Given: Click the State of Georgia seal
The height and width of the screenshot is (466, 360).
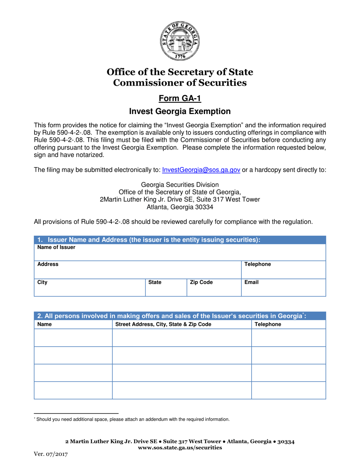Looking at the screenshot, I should click(180, 41).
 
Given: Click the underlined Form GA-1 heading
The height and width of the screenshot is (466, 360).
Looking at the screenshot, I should click(180, 99).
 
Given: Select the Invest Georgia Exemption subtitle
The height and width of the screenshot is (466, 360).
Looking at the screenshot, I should click(180, 111).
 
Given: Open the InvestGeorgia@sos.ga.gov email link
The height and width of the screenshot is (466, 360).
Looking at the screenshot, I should click(201, 170).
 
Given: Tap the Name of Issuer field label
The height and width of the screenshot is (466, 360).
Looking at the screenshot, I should click(51, 247).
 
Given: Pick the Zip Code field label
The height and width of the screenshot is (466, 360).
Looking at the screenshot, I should click(201, 282).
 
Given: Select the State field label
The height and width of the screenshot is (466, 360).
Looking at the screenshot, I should click(155, 282).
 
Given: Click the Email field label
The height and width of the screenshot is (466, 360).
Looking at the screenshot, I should click(252, 282).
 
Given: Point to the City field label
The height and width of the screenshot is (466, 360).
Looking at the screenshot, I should click(42, 282).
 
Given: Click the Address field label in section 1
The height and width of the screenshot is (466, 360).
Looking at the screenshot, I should click(47, 264).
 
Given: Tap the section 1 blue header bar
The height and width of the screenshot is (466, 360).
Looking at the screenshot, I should click(180, 239).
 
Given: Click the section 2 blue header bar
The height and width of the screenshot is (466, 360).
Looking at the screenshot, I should click(180, 316).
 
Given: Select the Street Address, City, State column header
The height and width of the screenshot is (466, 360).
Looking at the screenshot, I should click(163, 324).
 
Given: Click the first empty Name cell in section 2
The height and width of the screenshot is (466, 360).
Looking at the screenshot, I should click(73, 338).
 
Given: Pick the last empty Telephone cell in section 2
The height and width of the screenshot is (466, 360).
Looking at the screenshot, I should click(288, 390).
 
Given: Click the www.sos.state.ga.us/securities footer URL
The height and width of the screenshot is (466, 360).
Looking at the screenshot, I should click(180, 447).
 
